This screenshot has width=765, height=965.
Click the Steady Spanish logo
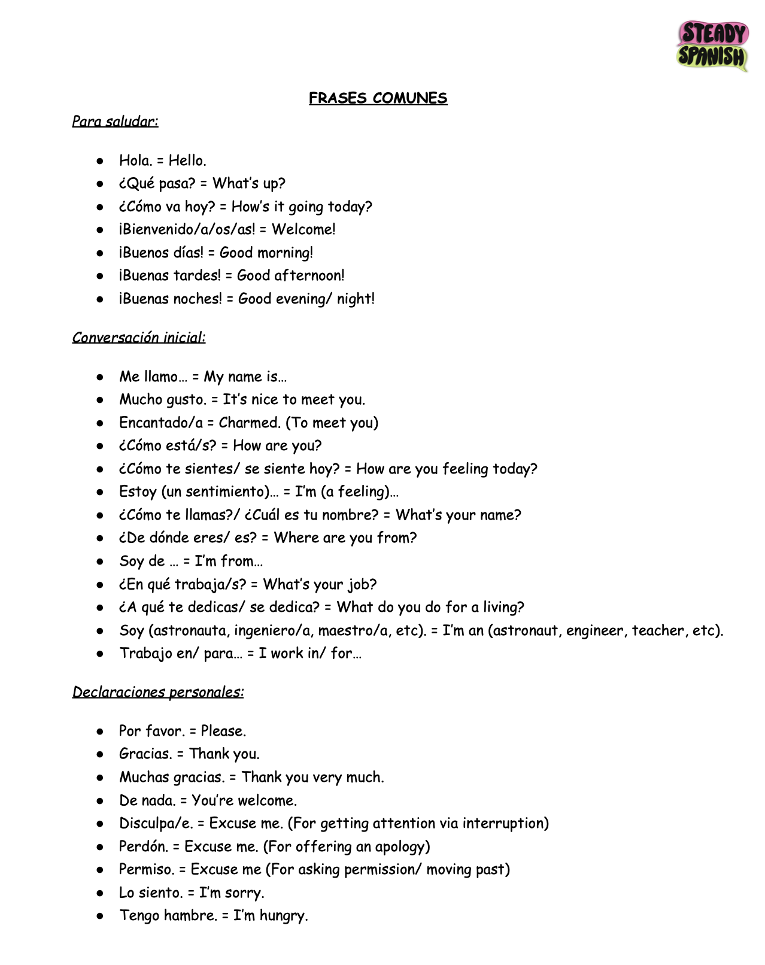(712, 46)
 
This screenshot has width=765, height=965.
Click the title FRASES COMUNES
(378, 98)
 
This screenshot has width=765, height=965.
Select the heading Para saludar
(115, 122)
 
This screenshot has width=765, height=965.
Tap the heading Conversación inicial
(139, 338)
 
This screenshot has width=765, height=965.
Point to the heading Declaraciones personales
(158, 692)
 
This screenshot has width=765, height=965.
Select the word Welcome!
(303, 229)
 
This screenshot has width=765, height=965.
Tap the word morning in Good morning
(285, 253)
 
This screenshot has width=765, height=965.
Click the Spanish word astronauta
(190, 630)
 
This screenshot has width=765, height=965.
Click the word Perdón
(142, 846)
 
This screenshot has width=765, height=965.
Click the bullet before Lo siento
(101, 893)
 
